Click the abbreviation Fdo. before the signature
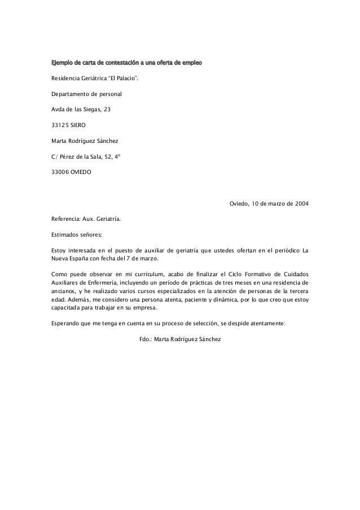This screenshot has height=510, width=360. [x=144, y=339]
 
